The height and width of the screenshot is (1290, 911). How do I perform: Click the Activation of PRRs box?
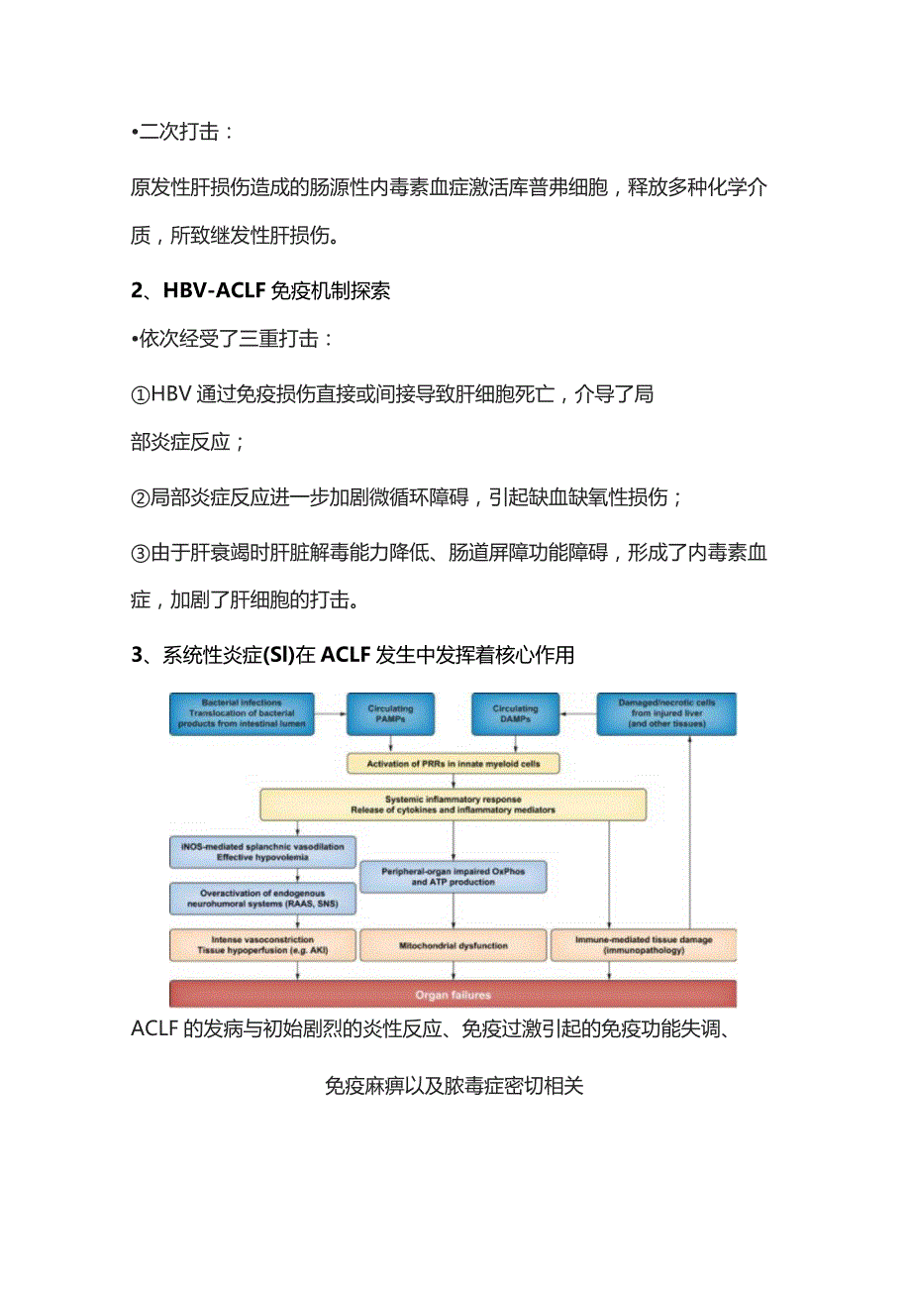tap(454, 764)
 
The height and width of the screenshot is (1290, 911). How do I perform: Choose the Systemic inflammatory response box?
tap(453, 805)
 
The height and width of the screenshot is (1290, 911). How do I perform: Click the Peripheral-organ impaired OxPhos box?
tap(453, 877)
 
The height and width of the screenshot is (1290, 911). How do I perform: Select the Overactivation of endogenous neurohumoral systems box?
tap(262, 900)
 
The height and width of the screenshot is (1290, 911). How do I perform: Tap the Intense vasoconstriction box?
tap(262, 945)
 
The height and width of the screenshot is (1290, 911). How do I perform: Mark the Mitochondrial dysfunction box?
tap(453, 945)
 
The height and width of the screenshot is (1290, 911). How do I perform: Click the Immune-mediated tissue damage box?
tap(643, 945)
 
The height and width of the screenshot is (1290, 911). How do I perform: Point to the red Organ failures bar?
tap(453, 994)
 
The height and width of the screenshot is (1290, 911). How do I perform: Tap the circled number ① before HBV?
tap(140, 394)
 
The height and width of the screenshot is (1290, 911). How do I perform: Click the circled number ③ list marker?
tap(140, 553)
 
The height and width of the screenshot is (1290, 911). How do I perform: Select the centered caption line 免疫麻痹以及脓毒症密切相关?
tap(455, 1085)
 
